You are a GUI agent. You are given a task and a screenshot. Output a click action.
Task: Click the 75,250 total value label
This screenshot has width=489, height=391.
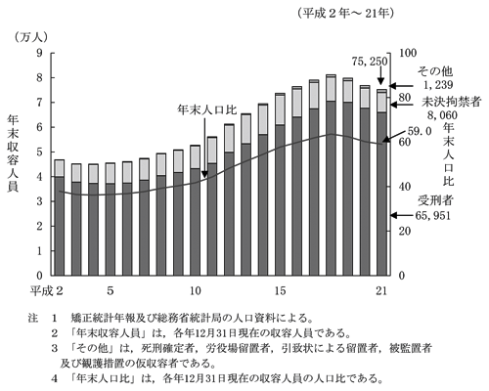point(370,62)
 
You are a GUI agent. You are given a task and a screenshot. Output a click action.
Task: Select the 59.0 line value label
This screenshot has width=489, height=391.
point(420,131)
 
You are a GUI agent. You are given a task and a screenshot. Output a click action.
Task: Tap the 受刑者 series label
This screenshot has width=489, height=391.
point(435,200)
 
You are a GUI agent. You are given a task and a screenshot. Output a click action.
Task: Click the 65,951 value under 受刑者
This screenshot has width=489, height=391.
point(433,215)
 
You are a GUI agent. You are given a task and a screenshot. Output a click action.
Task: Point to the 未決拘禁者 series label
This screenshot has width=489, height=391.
point(452,102)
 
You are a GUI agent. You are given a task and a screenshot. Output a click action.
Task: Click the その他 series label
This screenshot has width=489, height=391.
point(435,71)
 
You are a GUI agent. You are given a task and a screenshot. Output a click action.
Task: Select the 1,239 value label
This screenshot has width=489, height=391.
point(438,85)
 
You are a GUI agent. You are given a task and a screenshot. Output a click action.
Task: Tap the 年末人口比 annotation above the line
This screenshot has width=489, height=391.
point(207,109)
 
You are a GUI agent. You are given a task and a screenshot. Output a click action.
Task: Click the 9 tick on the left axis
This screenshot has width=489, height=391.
point(39,53)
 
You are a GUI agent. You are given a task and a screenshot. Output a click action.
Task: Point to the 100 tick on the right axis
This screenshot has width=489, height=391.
point(408,53)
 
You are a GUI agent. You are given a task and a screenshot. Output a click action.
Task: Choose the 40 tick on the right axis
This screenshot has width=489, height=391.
point(404,187)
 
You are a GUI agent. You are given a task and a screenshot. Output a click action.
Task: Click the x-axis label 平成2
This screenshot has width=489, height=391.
point(46,290)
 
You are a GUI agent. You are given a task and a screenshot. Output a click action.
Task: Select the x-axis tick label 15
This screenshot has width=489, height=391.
point(280,290)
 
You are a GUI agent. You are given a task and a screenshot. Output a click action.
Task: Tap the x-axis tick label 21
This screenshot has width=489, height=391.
point(381,290)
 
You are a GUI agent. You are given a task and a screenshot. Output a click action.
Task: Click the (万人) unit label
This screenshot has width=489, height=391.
point(30,37)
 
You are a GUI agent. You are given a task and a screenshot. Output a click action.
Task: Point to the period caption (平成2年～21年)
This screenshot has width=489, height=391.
point(346,13)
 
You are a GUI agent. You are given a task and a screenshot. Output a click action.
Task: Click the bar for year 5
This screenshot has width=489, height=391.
point(111,219)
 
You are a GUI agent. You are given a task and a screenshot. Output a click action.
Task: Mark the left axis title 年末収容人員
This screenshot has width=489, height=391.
point(13,153)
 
